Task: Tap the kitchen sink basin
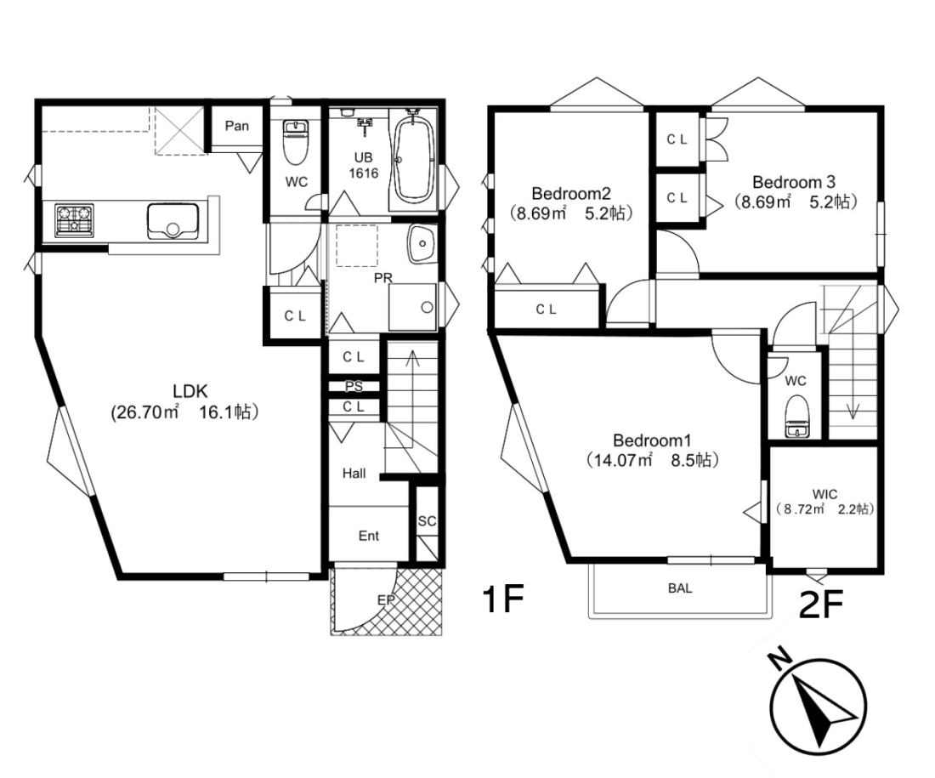(173, 221)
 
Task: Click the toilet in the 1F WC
(294, 142)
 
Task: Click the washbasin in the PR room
(422, 243)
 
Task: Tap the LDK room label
(190, 391)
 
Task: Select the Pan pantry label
(237, 126)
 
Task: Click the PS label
(354, 387)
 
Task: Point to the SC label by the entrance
(427, 521)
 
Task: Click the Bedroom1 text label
(652, 440)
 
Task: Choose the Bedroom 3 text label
(794, 181)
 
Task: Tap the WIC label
(824, 494)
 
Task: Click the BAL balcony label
(680, 588)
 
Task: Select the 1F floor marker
(502, 599)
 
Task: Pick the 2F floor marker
(821, 605)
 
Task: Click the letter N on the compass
(779, 660)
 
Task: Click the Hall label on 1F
(354, 473)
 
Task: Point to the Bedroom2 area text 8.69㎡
(537, 213)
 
